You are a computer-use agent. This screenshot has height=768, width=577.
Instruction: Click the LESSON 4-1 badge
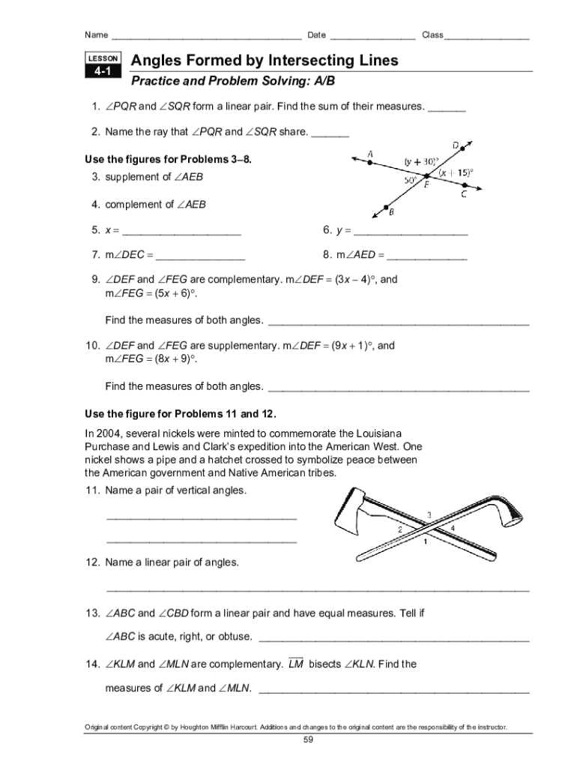tap(102, 66)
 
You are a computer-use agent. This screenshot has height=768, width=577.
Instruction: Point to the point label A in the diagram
tap(370, 154)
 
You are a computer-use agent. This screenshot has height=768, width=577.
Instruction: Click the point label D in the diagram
tap(456, 145)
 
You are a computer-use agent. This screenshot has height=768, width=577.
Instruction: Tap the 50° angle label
tap(411, 181)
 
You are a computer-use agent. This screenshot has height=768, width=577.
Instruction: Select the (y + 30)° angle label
tap(420, 160)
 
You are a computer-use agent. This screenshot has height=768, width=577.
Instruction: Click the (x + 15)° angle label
tap(456, 172)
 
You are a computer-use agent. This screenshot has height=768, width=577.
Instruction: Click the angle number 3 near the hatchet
tap(429, 514)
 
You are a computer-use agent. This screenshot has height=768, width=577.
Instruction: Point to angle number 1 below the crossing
tap(426, 541)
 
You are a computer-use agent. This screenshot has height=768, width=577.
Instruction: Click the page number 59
tap(307, 740)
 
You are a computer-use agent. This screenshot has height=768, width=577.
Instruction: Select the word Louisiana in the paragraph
tap(375, 433)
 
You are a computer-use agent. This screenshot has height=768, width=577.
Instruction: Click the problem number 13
tap(92, 613)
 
